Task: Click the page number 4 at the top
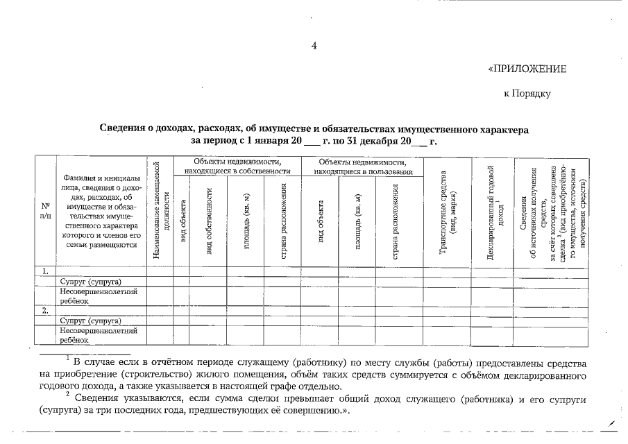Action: point(314,46)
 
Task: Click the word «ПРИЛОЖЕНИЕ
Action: point(527,69)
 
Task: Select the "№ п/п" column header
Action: point(46,211)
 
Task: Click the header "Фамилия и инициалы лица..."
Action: point(101,211)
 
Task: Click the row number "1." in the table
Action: point(46,271)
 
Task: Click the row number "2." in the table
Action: point(46,311)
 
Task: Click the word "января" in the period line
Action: point(268,141)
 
